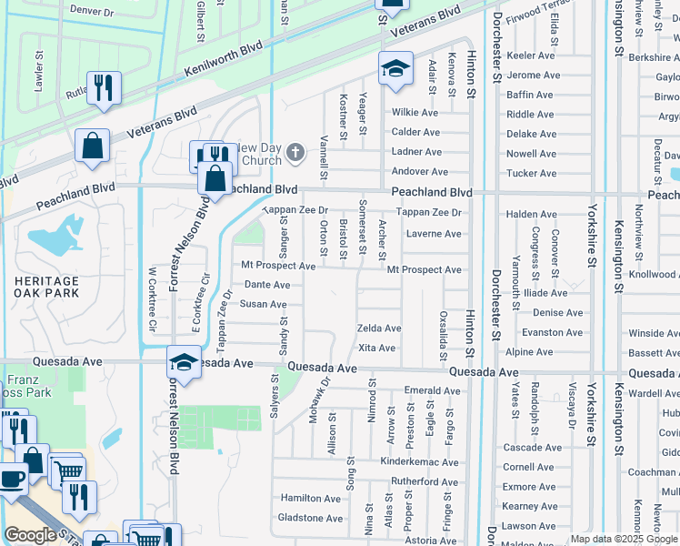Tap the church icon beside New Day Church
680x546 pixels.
295,154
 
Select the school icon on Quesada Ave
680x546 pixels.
184,364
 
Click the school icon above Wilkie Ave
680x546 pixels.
395,69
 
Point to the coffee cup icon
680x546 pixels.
13,480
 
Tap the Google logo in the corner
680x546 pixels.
30,534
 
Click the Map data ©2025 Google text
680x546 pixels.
625,539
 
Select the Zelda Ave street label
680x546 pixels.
379,329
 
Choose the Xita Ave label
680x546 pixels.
376,349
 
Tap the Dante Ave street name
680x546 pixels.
266,285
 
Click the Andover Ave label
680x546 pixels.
419,172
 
